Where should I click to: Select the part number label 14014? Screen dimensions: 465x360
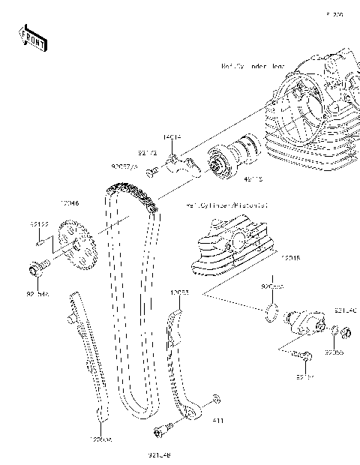pos(172,138)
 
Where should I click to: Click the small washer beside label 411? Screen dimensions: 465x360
pos(216,398)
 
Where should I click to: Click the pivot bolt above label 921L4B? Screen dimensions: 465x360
pos(161,430)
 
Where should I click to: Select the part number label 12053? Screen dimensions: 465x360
pos(178,291)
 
